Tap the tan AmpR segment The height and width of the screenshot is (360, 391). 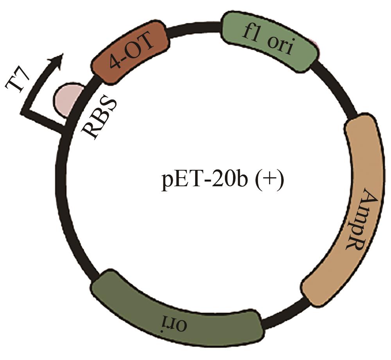click(x=348, y=212)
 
